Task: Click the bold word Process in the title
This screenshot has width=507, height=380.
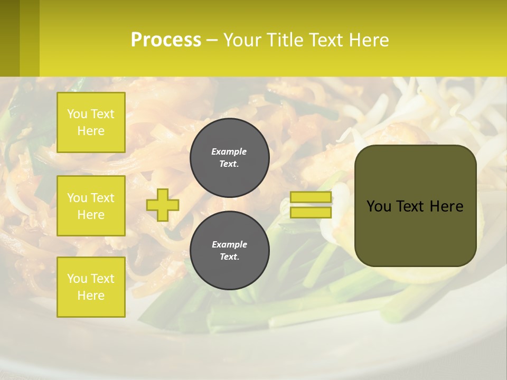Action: (x=166, y=40)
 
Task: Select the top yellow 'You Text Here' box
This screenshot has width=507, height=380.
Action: (x=91, y=122)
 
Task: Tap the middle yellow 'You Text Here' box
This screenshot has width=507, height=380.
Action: (x=91, y=206)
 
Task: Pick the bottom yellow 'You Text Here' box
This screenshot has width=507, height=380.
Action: (x=91, y=287)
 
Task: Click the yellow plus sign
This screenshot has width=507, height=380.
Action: (x=163, y=205)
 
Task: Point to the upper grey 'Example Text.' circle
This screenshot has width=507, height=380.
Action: (x=230, y=158)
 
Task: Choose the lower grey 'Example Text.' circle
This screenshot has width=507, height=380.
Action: (x=230, y=251)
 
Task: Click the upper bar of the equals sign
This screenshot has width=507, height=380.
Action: (x=311, y=197)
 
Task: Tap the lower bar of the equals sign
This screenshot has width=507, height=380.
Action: (x=311, y=212)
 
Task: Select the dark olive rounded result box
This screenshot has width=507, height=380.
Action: (x=416, y=206)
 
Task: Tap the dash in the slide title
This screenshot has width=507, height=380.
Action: (x=212, y=40)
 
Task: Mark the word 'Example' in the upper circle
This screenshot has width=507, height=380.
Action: (x=229, y=151)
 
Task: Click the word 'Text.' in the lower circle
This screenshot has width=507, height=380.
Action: (x=229, y=257)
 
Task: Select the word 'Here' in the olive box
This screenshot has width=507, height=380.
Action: (x=446, y=206)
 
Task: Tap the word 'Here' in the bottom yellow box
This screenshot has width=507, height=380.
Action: (x=91, y=296)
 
